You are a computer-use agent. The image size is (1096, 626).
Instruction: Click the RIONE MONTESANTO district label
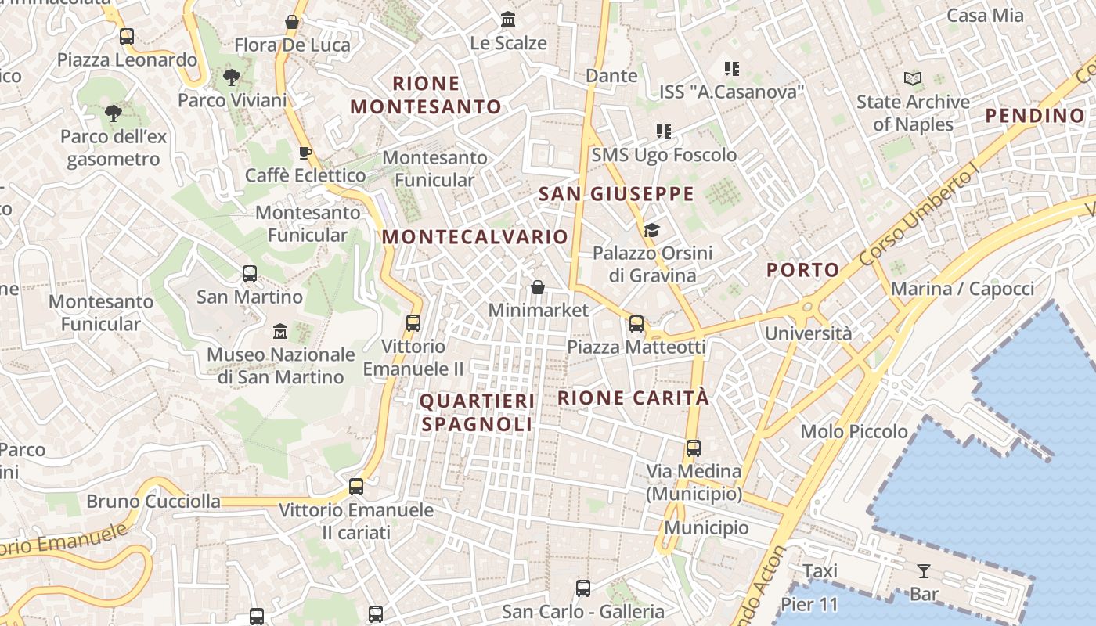click(426, 95)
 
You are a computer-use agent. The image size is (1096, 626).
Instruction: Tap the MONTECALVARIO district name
click(475, 236)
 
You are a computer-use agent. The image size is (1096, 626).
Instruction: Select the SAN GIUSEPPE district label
click(616, 194)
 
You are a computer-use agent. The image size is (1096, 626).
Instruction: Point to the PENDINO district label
click(1035, 116)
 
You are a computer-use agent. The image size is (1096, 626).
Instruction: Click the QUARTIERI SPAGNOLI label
click(478, 412)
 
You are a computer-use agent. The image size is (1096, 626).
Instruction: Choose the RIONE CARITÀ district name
click(633, 398)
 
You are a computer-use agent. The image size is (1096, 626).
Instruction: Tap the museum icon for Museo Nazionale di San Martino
click(280, 332)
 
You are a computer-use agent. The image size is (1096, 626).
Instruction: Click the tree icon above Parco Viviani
click(231, 77)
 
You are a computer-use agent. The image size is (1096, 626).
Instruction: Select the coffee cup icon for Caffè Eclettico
click(305, 153)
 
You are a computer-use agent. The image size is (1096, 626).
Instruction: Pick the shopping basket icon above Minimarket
click(538, 287)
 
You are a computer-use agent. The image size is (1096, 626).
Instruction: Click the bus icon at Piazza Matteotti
click(636, 323)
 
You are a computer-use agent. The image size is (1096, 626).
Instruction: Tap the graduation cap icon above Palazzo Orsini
click(651, 230)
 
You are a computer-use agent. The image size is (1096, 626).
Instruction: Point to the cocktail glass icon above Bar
click(924, 571)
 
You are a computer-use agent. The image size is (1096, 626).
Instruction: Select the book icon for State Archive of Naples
click(913, 78)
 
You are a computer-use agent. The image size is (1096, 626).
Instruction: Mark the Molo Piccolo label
click(854, 431)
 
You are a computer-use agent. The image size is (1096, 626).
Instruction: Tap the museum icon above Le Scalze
click(508, 19)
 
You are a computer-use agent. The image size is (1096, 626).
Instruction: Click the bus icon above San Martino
click(250, 274)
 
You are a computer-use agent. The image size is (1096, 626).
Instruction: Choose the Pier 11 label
click(809, 604)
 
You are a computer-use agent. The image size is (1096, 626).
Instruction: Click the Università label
click(808, 333)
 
